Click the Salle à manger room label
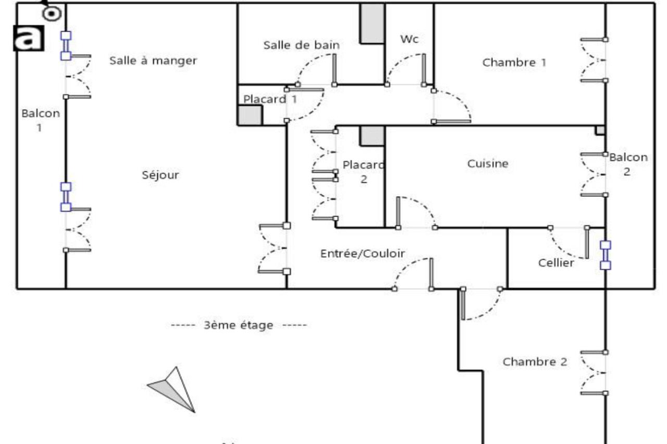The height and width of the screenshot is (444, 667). [x=153, y=61]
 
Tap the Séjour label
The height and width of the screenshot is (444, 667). [x=160, y=175]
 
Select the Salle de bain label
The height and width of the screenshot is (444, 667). [x=301, y=45]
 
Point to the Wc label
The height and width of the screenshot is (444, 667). [x=410, y=39]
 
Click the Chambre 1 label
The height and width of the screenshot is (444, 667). [x=514, y=63]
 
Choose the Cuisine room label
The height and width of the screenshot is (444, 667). [x=488, y=163]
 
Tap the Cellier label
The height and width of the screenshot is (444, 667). [x=556, y=263]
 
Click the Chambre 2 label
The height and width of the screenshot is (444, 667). [x=535, y=361]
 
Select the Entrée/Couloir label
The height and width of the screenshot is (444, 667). [x=362, y=253]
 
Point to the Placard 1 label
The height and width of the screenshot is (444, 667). [x=269, y=99]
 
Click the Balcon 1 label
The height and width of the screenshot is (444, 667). [x=41, y=120]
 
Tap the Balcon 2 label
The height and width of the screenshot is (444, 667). [x=628, y=164]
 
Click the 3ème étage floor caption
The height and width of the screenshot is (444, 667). [x=238, y=325]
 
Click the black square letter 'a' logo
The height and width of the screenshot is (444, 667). [x=29, y=38]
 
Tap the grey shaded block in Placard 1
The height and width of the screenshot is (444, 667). [x=249, y=115]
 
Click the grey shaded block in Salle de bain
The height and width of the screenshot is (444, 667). [x=372, y=23]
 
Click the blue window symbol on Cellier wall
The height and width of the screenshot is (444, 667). [x=606, y=255]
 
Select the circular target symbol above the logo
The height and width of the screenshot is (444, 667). [x=52, y=13]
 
